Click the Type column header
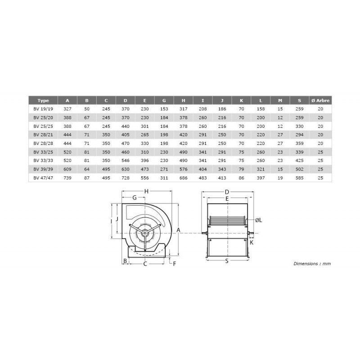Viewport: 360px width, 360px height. pyautogui.click(x=43, y=101)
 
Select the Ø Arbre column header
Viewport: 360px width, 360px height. pyautogui.click(x=320, y=101)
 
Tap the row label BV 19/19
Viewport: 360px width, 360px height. pyautogui.click(x=43, y=109)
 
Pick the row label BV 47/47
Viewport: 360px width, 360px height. pyautogui.click(x=43, y=178)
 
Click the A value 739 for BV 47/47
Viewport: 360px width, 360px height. pyautogui.click(x=67, y=178)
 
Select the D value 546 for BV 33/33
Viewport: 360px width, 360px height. pyautogui.click(x=125, y=161)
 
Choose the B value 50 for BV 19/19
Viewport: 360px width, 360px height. pyautogui.click(x=87, y=109)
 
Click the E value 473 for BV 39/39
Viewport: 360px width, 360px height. pyautogui.click(x=144, y=170)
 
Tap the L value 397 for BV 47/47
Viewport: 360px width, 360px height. pyautogui.click(x=261, y=178)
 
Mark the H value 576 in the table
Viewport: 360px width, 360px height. pyautogui.click(x=183, y=170)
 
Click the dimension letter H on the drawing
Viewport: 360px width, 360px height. pyautogui.click(x=146, y=192)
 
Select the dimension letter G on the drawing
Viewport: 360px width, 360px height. pyautogui.click(x=135, y=198)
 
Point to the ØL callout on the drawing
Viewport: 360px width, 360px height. pyautogui.click(x=258, y=220)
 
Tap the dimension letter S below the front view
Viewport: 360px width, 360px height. pyautogui.click(x=227, y=261)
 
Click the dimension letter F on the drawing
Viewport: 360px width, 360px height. pyautogui.click(x=175, y=264)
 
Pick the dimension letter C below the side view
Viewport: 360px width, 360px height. pyautogui.click(x=145, y=264)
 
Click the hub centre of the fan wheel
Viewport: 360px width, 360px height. pyautogui.click(x=144, y=233)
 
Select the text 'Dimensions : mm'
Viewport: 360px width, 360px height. pyautogui.click(x=312, y=264)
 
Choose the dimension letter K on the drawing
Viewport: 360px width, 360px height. pyautogui.click(x=252, y=243)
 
